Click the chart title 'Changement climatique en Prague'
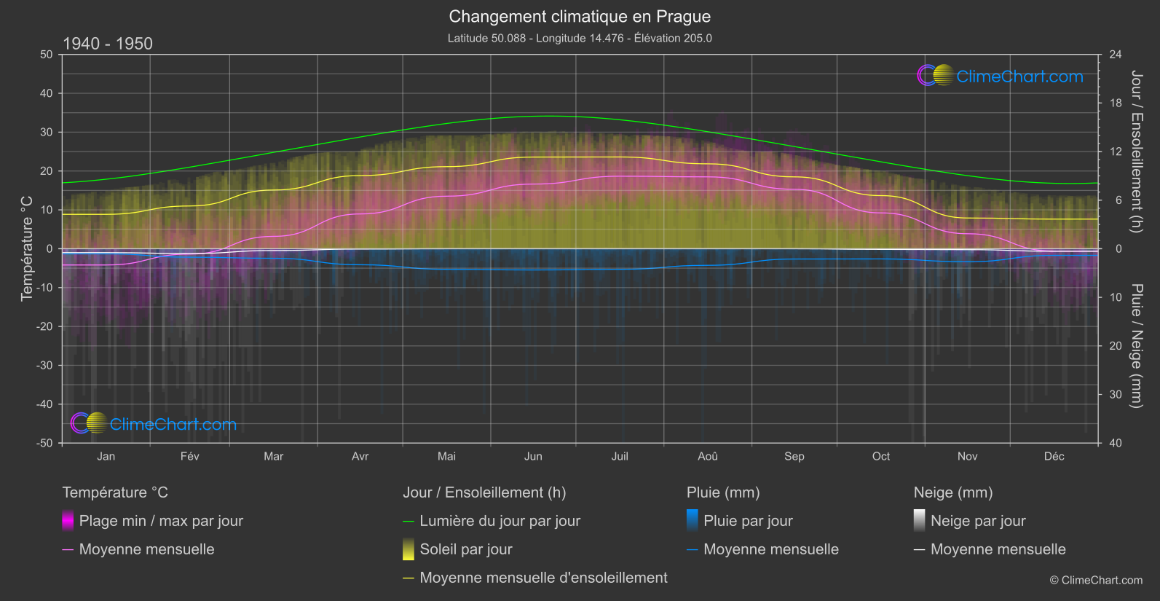[580, 16]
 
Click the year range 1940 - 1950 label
[108, 44]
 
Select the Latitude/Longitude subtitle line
[580, 38]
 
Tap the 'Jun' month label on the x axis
[533, 456]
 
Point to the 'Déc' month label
[1054, 456]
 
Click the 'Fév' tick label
[189, 456]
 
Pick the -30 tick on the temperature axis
[45, 365]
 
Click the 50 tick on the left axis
[47, 55]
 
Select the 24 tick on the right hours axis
[1115, 55]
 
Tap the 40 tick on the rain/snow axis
[1115, 443]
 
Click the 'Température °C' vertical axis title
[27, 248]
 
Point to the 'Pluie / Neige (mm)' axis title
[1136, 345]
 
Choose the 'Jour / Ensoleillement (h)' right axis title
[1136, 152]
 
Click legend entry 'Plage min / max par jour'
[161, 521]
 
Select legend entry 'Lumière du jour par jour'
[500, 521]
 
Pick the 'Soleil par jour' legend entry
[465, 549]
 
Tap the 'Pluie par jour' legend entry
[748, 521]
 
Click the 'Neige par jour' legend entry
[978, 521]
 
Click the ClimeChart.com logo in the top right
[1001, 76]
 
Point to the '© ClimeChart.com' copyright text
[1096, 580]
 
